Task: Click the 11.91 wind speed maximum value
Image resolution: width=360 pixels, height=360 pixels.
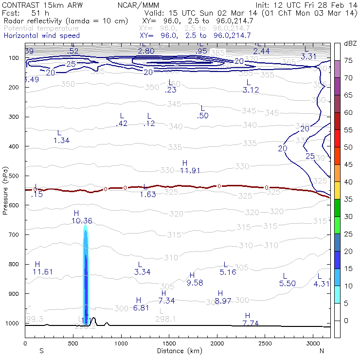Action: click(190, 171)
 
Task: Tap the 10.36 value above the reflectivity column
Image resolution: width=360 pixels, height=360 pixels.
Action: click(82, 221)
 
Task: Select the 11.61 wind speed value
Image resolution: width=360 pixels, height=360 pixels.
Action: click(43, 271)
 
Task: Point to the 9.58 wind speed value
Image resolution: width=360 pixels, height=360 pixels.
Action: click(194, 283)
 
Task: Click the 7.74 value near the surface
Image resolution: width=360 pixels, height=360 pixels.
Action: click(251, 323)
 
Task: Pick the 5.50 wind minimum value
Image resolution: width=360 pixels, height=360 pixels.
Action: click(288, 283)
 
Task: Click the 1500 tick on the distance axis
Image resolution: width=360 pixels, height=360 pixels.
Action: click(169, 343)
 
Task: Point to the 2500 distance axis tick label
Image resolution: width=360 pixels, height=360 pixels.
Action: click(264, 343)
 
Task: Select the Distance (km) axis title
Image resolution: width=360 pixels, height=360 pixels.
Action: click(177, 350)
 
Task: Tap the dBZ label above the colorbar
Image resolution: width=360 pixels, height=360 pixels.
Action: click(350, 44)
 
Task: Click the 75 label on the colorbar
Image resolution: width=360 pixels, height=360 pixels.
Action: click(348, 61)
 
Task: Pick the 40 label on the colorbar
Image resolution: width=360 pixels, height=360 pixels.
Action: click(348, 182)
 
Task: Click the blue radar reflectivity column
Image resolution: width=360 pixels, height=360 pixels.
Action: click(86, 277)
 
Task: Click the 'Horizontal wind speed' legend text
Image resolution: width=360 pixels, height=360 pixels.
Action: click(42, 36)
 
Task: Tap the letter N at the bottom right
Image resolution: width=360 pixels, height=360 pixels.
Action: click(322, 350)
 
